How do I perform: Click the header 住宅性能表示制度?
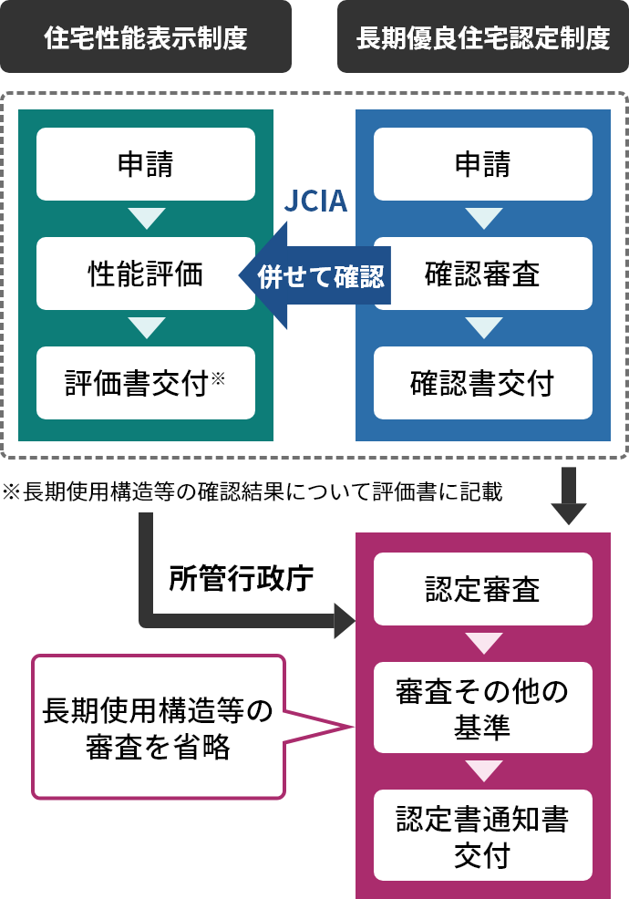coord(146,37)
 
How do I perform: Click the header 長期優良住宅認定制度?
coord(482,37)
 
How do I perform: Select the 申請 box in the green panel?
coord(146,164)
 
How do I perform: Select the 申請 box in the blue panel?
coord(482,164)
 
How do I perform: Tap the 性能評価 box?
coord(146,274)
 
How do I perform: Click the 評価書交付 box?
coord(146,383)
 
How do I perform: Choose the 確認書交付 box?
coord(482,383)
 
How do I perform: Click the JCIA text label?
coord(314,201)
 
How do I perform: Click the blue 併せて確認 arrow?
coord(310,275)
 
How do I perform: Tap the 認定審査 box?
coord(482,589)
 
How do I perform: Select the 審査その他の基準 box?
coord(482,708)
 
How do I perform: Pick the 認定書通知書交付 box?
coord(482,835)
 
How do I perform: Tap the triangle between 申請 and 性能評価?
coord(146,219)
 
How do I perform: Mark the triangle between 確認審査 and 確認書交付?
coord(482,327)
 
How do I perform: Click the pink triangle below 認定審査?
coord(482,643)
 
